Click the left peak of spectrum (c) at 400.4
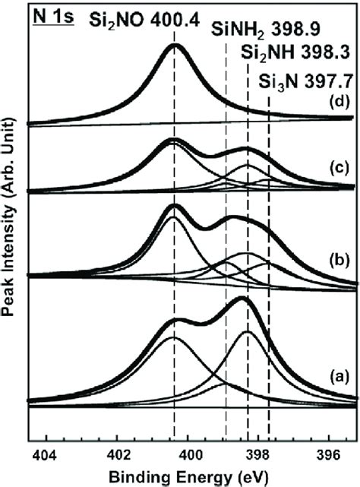(175, 139)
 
